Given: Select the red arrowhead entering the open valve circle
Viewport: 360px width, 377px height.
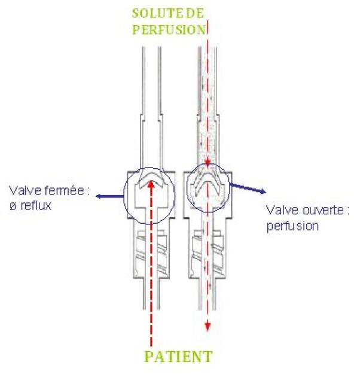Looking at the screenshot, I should (x=208, y=165).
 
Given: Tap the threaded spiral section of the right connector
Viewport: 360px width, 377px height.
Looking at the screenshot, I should (x=208, y=248).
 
